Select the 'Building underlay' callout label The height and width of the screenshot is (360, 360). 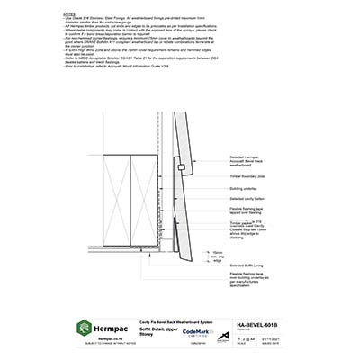pos(246,192)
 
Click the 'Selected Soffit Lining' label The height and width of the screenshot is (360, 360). pos(247,265)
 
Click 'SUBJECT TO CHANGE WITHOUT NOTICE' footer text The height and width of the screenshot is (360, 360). pos(108,345)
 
